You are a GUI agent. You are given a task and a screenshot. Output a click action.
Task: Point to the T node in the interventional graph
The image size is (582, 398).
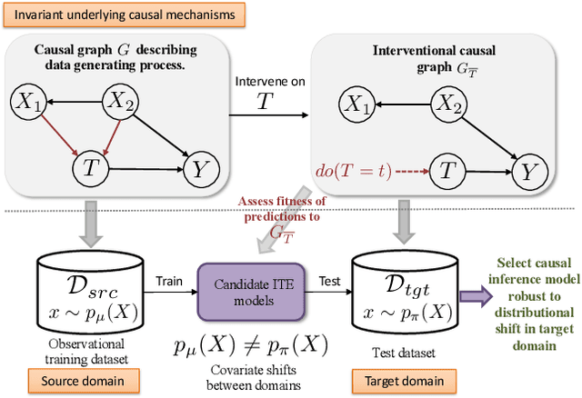point(446,170)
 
